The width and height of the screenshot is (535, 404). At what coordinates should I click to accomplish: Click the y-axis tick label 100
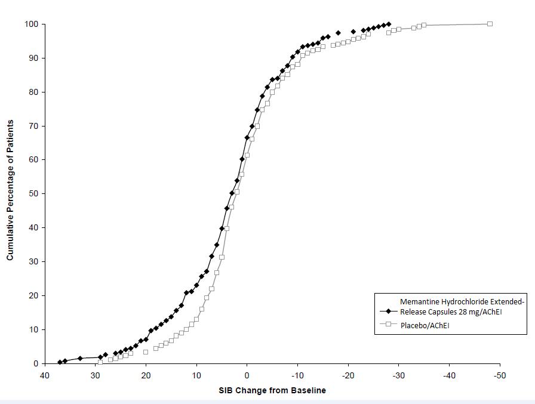31,24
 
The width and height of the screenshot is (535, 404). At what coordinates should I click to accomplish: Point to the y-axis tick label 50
33,193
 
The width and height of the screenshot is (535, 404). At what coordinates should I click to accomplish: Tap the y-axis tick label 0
36,363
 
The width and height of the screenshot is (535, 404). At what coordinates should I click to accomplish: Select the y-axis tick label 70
33,126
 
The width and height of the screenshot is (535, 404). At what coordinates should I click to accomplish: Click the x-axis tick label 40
44,375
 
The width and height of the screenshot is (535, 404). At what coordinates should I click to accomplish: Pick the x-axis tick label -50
500,375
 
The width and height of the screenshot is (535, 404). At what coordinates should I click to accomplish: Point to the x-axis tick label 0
247,375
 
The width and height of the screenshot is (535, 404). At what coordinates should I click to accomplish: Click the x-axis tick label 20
146,375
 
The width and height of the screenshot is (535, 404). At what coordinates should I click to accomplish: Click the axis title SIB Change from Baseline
272,390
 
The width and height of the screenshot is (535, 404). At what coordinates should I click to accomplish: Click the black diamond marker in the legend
389,311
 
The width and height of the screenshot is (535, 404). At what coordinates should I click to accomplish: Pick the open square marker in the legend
389,324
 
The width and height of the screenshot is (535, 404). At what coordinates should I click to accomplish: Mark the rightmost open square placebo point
490,24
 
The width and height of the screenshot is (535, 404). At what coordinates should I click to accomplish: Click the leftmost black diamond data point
60,362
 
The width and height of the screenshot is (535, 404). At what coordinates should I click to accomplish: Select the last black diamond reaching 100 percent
389,24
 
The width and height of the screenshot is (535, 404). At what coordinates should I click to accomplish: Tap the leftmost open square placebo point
100,362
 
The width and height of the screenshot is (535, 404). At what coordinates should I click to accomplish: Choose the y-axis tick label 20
33,295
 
